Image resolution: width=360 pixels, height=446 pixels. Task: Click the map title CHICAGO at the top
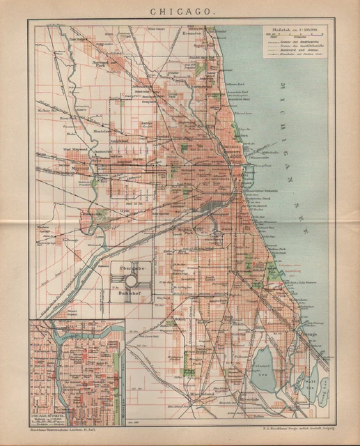tap(180, 12)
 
